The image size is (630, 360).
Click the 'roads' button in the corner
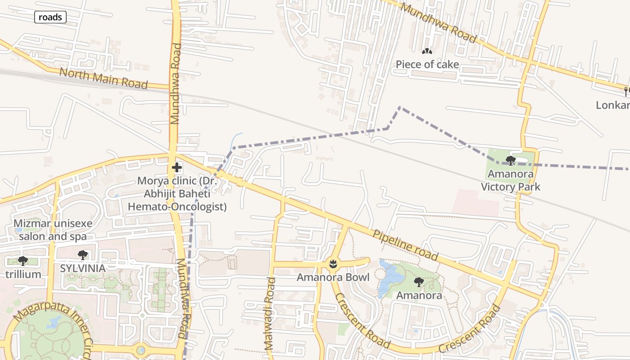[50, 17]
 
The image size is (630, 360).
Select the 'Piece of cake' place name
[427, 64]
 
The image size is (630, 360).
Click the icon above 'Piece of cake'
[427, 52]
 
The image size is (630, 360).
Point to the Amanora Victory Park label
[510, 180]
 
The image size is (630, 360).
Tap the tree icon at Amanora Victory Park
[510, 160]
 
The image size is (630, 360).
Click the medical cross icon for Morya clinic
[177, 168]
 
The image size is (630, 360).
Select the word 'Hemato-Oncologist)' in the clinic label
[177, 207]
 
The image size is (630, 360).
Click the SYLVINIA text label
[83, 268]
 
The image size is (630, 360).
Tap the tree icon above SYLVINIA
[82, 255]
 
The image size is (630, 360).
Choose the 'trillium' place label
[23, 274]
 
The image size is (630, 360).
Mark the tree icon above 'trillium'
[23, 261]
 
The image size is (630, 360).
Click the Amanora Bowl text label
[333, 277]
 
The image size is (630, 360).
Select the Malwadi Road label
[270, 314]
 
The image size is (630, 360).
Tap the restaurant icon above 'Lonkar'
[626, 92]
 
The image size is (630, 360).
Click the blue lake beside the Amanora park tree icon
[388, 279]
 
